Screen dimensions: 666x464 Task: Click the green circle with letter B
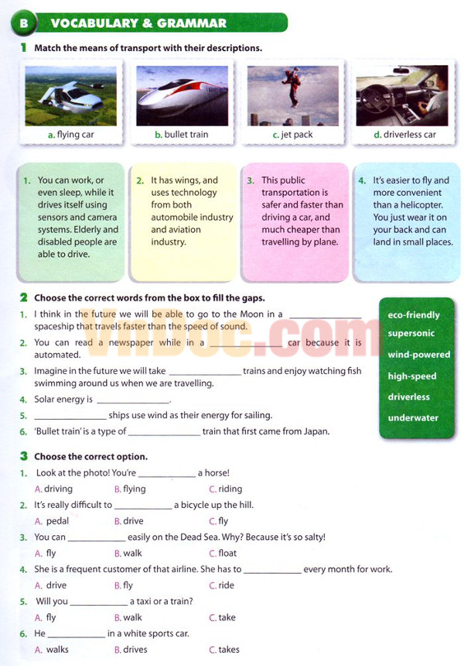pyautogui.click(x=23, y=23)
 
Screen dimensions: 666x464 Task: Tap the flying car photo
pyautogui.click(x=70, y=95)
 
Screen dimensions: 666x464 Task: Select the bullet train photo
pyautogui.click(x=182, y=95)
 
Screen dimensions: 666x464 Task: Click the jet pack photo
pyautogui.click(x=292, y=95)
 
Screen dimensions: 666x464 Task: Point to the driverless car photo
pyautogui.click(x=402, y=95)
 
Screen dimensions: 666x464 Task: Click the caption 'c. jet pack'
pyautogui.click(x=292, y=135)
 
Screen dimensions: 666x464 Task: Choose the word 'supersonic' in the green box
pyautogui.click(x=411, y=334)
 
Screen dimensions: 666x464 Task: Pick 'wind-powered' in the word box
pyautogui.click(x=418, y=355)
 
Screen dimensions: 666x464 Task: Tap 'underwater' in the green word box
pyautogui.click(x=413, y=418)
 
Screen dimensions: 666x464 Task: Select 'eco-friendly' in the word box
pyautogui.click(x=414, y=315)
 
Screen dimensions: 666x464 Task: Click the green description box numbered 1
pyautogui.click(x=70, y=221)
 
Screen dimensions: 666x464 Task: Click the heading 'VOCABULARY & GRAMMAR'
pyautogui.click(x=138, y=23)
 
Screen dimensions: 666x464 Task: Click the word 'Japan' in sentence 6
pyautogui.click(x=314, y=431)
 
